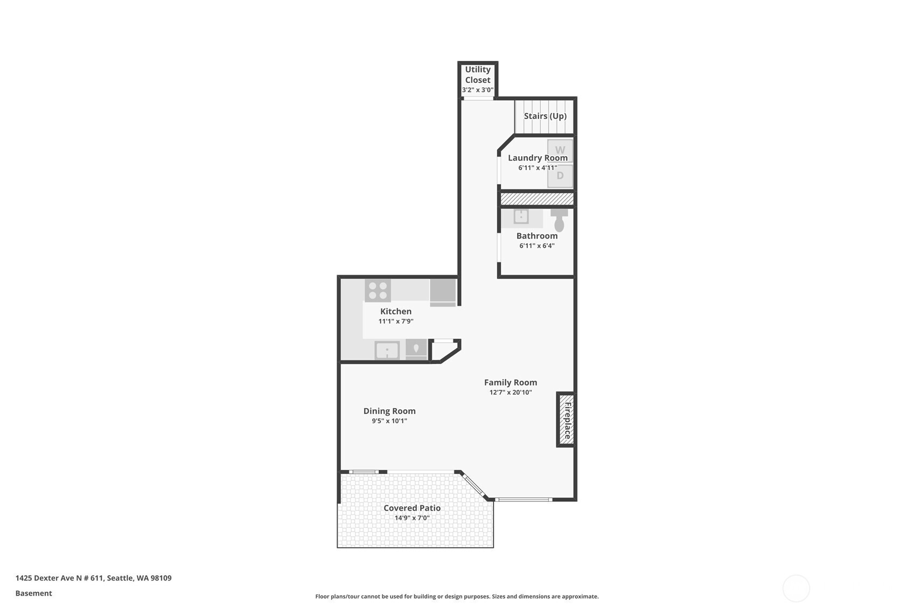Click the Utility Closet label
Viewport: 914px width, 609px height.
[477, 75]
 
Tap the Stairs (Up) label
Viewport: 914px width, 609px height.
[545, 116]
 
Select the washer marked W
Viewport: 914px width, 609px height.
[560, 151]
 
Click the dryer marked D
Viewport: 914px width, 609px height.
[560, 176]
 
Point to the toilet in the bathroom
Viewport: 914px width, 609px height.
[559, 220]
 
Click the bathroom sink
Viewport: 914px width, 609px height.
[521, 216]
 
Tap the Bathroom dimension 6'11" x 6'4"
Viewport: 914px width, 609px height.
[536, 246]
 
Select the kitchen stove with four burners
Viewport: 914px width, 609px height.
[378, 290]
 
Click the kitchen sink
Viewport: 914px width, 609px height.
[387, 351]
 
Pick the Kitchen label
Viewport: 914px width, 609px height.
[396, 311]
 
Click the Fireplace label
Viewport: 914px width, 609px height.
[567, 420]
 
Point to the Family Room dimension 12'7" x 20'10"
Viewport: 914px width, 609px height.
[511, 393]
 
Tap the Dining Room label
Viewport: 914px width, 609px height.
[389, 411]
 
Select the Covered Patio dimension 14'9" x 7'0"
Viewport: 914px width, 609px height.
[411, 518]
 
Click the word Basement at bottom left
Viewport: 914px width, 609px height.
[33, 593]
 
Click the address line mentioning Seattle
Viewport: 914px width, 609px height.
[93, 578]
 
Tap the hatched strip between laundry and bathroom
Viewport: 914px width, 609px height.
[537, 199]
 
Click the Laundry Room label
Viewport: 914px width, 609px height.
[538, 158]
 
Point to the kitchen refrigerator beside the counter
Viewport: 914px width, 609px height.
[443, 292]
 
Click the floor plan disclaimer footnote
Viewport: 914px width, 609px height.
[457, 597]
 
